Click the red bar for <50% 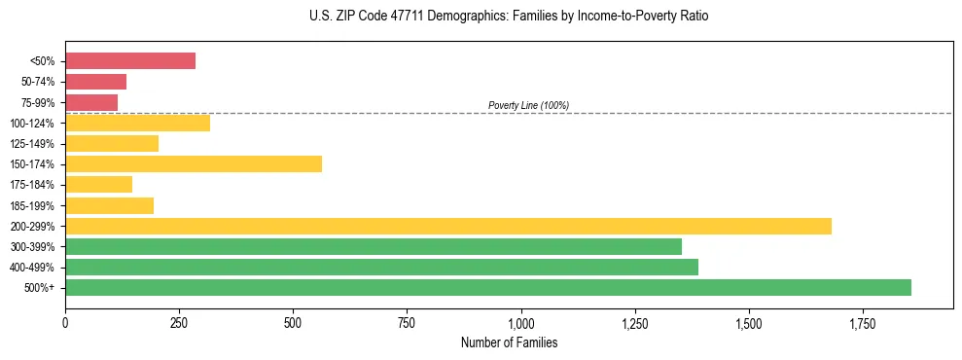(x=130, y=61)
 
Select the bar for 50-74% (x=95, y=82)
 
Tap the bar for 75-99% (x=91, y=102)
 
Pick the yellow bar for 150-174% (x=194, y=163)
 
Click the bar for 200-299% (x=448, y=226)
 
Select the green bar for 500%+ (x=488, y=287)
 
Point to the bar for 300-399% (x=374, y=246)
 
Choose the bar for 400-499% (x=381, y=267)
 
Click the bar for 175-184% (x=98, y=184)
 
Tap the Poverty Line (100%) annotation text (x=528, y=105)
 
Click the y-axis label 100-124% (x=32, y=124)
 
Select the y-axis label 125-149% (x=32, y=144)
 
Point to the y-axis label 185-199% (x=32, y=205)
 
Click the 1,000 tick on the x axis (x=521, y=322)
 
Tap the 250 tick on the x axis (x=179, y=322)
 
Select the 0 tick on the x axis (x=65, y=322)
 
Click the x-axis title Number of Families (x=509, y=342)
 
